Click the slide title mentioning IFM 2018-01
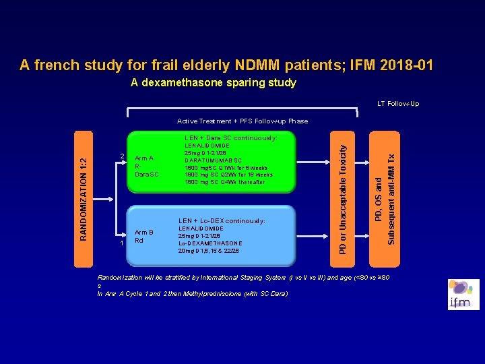[226, 65]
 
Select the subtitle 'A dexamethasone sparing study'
[214, 83]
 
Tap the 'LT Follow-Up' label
[398, 104]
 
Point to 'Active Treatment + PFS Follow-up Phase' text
[243, 121]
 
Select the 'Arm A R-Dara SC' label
[147, 166]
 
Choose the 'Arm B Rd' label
[143, 237]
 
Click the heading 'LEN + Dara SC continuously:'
[230, 138]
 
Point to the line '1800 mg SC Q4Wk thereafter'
[224, 182]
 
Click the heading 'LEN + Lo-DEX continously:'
[221, 221]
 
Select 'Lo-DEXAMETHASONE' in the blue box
[209, 243]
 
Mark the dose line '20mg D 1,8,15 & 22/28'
[208, 251]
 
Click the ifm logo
[463, 295]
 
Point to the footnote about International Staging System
[243, 278]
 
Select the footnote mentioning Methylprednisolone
[192, 294]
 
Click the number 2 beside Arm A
[121, 157]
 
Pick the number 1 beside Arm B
[121, 243]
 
